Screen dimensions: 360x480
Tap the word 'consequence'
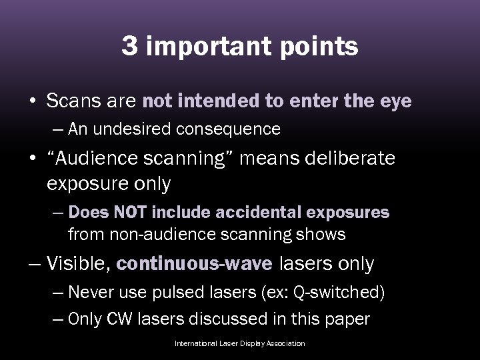239,129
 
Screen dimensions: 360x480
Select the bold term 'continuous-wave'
194,264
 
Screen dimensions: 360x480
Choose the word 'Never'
91,292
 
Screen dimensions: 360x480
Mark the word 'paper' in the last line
347,319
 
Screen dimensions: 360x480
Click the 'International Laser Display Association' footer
239,343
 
